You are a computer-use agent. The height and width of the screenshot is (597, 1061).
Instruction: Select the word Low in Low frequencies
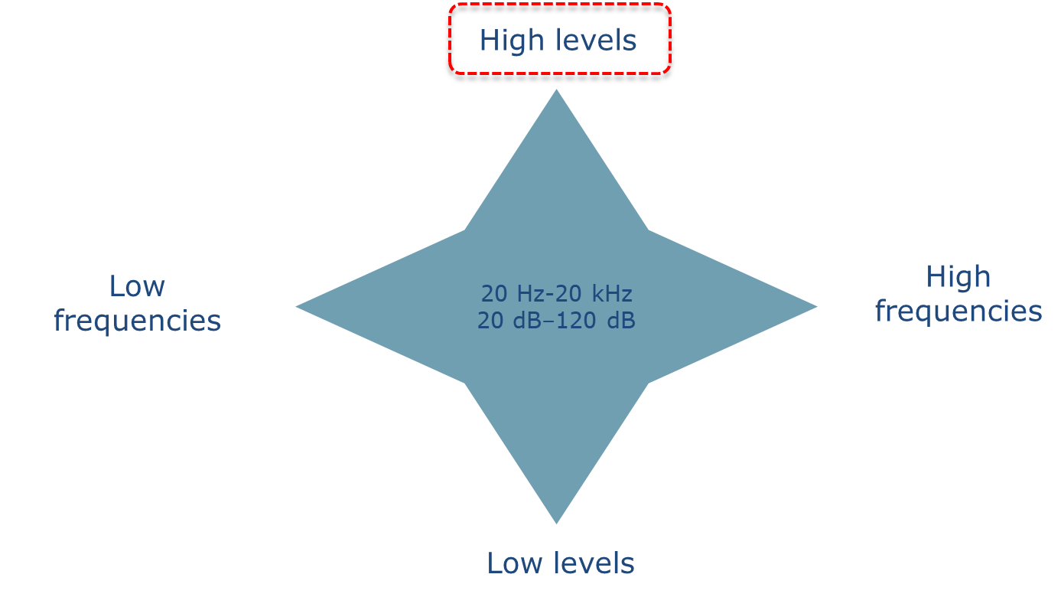pos(137,286)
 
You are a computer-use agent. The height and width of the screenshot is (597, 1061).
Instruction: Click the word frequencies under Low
pos(137,321)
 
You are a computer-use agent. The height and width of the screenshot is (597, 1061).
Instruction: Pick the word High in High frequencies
pos(958,277)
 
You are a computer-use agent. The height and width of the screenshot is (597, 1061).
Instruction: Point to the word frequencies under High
pos(958,312)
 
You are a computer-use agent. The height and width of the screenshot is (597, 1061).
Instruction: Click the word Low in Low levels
pos(513,563)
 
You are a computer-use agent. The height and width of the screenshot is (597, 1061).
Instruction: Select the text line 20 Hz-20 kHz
pos(556,293)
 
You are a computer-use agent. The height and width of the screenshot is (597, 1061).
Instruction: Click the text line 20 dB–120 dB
pos(556,321)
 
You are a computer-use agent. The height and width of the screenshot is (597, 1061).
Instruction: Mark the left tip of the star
pos(298,306)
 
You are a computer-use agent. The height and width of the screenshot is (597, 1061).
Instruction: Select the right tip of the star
pos(815,306)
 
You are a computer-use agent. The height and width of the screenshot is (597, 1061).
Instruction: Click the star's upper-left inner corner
pos(466,230)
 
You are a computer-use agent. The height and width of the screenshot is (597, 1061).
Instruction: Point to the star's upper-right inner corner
pos(648,230)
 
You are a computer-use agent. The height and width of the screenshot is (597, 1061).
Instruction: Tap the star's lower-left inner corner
pos(466,383)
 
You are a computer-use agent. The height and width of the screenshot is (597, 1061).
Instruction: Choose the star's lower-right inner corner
pos(648,383)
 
